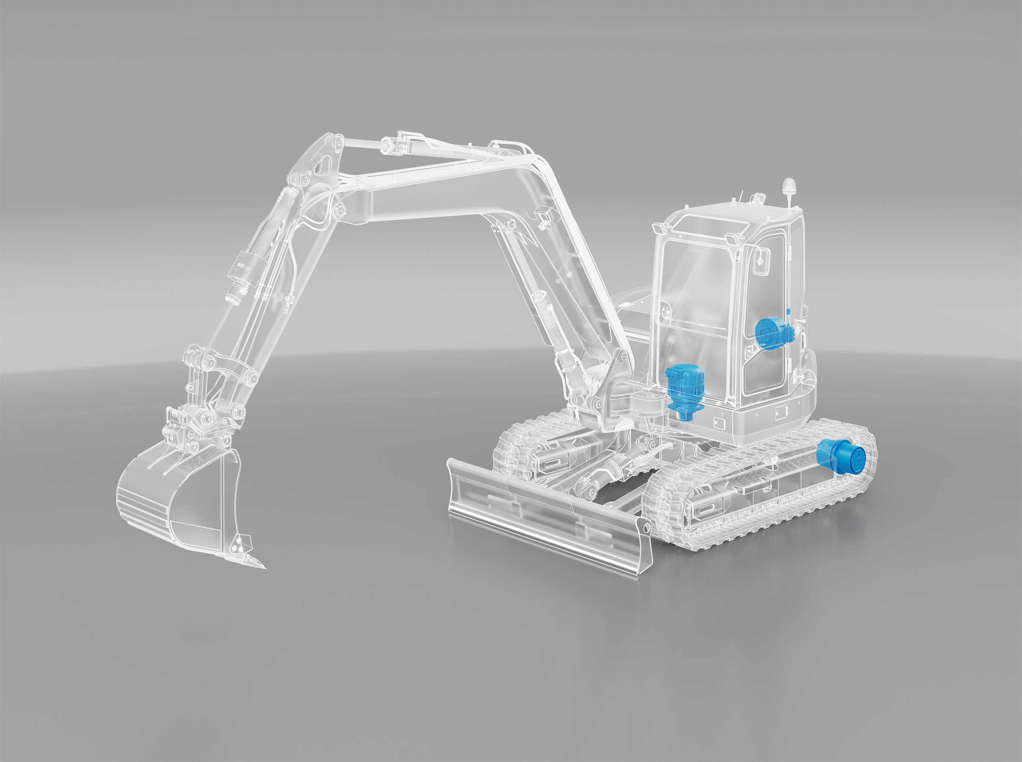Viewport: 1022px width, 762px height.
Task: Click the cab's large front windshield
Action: click(691, 300)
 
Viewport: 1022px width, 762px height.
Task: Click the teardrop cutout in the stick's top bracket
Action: click(325, 162)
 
